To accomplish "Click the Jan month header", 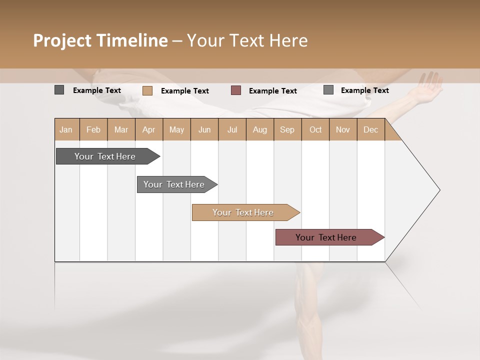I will pyautogui.click(x=66, y=129).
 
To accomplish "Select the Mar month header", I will pyautogui.click(x=121, y=129).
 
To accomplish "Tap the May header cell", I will pyautogui.click(x=176, y=129).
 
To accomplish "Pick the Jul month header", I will pyautogui.click(x=232, y=129).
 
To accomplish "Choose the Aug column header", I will pyautogui.click(x=260, y=129).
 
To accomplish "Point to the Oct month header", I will pyautogui.click(x=315, y=129).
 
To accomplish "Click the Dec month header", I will pyautogui.click(x=371, y=129).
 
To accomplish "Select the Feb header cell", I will pyautogui.click(x=93, y=129).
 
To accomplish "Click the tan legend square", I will pyautogui.click(x=147, y=90).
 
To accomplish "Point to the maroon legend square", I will pyautogui.click(x=236, y=90).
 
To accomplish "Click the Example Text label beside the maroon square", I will pyautogui.click(x=273, y=91).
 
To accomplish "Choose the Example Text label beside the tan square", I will pyautogui.click(x=185, y=91).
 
